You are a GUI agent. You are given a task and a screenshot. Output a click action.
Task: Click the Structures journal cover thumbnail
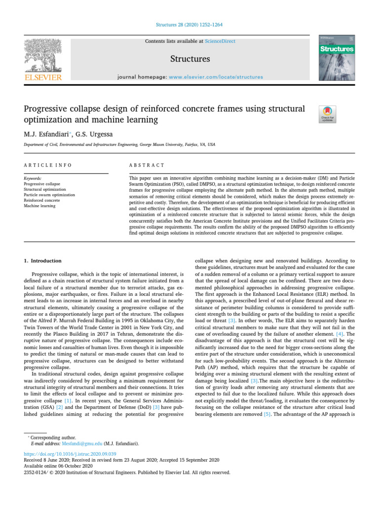click(x=338, y=58)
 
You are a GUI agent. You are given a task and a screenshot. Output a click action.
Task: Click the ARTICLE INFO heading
click(x=47, y=165)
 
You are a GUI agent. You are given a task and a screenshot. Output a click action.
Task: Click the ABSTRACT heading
click(x=146, y=165)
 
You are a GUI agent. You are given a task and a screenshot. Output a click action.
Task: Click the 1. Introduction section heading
click(x=43, y=260)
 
